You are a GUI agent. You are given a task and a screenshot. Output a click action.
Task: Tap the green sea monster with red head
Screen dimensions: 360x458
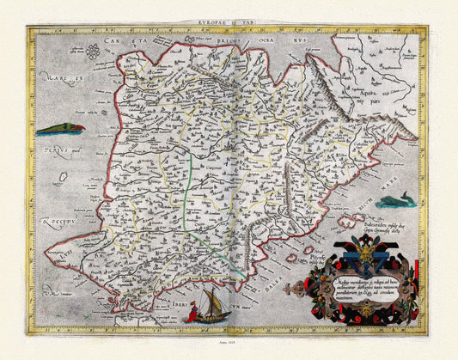(x=60, y=129)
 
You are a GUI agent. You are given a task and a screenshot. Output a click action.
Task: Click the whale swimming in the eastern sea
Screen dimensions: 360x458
(x=396, y=202)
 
